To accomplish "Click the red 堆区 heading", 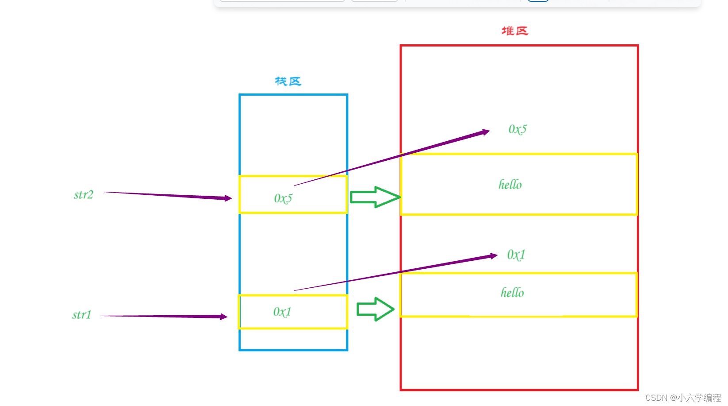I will tap(515, 31).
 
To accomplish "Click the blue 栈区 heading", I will tap(288, 81).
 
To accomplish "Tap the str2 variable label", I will tap(84, 195).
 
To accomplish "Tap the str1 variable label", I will tap(82, 315).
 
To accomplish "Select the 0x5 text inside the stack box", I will tap(283, 198).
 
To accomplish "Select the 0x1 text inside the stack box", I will tap(282, 312).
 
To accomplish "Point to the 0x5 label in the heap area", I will tap(517, 129).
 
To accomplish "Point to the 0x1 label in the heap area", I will tap(516, 255).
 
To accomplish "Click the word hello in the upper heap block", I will tap(510, 185).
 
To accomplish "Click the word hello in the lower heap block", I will tap(512, 293).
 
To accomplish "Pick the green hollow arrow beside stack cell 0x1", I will tap(375, 309).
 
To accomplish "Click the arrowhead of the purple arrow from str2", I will tap(228, 198).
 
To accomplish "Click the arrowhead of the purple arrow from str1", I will tap(224, 317).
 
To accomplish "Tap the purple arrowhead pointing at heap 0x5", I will tap(486, 132).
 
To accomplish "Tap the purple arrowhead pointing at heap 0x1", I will tap(494, 256).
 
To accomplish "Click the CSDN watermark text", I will tap(682, 398).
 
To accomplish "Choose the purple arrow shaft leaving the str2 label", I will tap(164, 195).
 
